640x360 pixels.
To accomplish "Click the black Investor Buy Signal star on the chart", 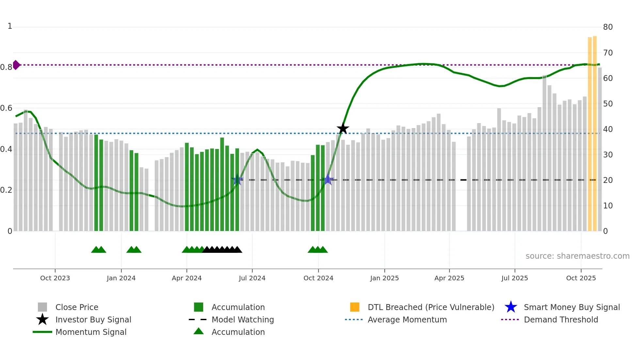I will click(x=343, y=129).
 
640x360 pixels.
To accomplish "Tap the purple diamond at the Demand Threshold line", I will click(x=16, y=65).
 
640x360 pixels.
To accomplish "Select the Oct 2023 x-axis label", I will click(x=55, y=278).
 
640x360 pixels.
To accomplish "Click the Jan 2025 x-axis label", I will click(x=384, y=278).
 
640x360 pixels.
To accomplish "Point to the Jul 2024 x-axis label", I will click(x=252, y=278).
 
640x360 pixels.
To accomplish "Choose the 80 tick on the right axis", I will click(x=608, y=27).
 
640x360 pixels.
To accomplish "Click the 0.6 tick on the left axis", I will click(x=6, y=108).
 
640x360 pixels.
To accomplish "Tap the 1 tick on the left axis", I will click(x=10, y=26).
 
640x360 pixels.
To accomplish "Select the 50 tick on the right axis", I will click(x=608, y=104).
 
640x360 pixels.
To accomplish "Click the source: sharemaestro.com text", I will click(x=577, y=256).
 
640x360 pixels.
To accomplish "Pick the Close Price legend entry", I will click(x=77, y=307).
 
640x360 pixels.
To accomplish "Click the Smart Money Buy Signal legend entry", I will click(x=571, y=307).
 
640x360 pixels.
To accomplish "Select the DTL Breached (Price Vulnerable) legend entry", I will click(x=431, y=307).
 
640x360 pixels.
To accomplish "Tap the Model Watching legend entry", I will click(x=242, y=319).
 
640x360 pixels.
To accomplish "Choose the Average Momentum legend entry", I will click(x=407, y=319).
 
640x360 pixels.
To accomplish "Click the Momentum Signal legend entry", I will click(x=91, y=332).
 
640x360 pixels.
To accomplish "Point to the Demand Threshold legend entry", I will click(x=561, y=319).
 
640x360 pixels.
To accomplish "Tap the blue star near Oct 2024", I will click(x=328, y=180).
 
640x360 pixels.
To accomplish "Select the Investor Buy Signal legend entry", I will click(x=93, y=319).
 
